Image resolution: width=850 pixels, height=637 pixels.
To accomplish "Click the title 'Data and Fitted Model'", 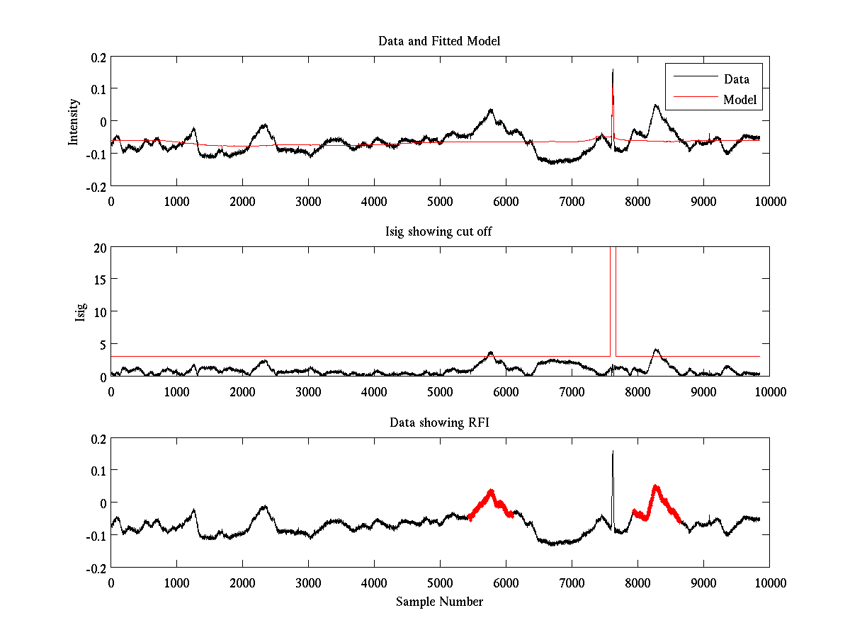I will point(439,41).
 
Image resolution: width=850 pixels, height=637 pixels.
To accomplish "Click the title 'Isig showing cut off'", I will point(439,232).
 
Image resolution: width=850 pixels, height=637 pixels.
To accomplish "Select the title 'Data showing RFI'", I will point(439,423).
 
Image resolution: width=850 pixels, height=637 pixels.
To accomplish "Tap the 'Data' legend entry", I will point(736,79).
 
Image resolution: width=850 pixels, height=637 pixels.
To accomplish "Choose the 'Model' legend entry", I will point(740,100).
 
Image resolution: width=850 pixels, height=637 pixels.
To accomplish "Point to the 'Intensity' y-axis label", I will point(74,122).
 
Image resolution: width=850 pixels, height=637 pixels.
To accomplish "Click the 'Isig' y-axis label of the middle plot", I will point(80,312).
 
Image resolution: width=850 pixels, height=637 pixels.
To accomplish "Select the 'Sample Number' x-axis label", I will point(439,602).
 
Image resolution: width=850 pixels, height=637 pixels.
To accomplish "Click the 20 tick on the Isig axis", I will point(99,248).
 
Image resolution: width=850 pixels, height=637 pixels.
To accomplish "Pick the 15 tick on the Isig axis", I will point(99,280).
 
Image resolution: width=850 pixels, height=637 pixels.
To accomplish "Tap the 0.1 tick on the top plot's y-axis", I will point(97,89).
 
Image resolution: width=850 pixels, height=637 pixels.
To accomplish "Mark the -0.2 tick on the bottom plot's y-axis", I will point(95,568).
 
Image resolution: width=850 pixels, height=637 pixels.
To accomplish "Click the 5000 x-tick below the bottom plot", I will point(440,583).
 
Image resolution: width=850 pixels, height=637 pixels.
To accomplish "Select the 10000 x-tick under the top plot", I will point(769,201).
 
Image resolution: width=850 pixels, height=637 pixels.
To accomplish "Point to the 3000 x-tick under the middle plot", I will point(308,391).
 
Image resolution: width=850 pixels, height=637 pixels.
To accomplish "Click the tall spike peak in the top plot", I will point(613,70).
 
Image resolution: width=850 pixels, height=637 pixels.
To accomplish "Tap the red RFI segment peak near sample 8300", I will point(656,486).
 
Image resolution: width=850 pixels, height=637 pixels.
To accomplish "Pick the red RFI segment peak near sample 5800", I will point(490,490).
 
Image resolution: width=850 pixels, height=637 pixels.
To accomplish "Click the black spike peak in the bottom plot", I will point(613,452).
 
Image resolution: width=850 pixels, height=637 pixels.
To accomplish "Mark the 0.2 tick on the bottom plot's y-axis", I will point(97,439).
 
